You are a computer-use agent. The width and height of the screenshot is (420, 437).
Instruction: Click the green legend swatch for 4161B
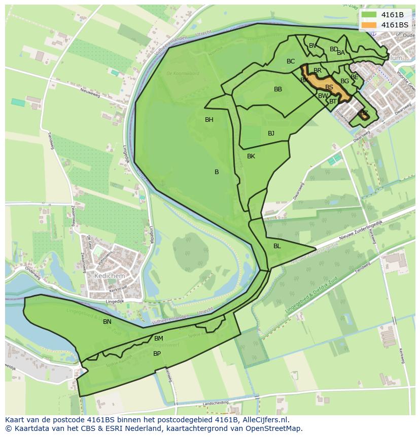[x=369, y=15]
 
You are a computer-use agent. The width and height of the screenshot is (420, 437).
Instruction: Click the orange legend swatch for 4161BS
[x=369, y=25]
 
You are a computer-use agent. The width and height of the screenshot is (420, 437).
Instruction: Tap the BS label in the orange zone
[x=329, y=87]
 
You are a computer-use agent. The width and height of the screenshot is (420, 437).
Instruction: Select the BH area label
[x=209, y=120]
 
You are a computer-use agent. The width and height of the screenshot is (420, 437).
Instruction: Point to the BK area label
[x=251, y=156]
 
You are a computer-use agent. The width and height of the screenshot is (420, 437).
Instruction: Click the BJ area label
[x=271, y=133]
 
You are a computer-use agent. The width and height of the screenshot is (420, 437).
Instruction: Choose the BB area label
[x=278, y=89]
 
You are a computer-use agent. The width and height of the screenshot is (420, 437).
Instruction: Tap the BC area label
[x=291, y=61]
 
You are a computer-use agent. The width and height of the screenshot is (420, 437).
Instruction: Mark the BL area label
[x=277, y=246]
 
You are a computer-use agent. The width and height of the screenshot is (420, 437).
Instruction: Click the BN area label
[x=107, y=322]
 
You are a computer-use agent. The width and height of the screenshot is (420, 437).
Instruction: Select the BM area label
[x=159, y=339]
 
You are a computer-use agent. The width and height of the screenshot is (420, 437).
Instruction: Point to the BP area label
[x=157, y=354]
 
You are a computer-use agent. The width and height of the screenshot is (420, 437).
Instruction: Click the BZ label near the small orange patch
[x=364, y=113]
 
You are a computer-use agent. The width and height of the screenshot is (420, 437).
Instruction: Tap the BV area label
[x=312, y=46]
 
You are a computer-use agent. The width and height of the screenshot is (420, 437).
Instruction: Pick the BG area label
[x=344, y=81]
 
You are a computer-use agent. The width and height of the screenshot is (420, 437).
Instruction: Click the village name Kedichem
[x=109, y=276]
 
